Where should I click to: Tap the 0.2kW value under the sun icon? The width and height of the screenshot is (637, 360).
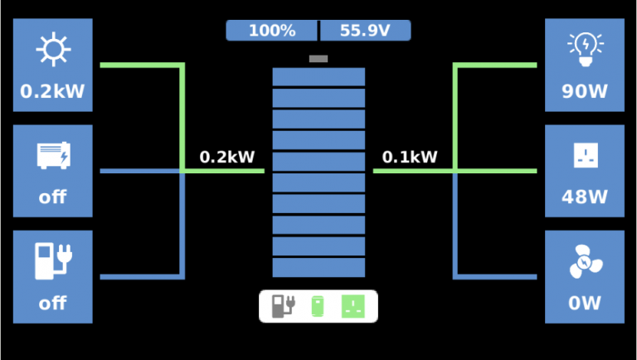point(52,91)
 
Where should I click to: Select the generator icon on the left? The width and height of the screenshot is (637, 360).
point(52,155)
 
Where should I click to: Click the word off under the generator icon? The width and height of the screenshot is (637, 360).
point(52,197)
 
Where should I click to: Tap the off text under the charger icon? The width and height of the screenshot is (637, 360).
point(52,304)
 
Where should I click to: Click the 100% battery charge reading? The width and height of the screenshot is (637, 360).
point(272,31)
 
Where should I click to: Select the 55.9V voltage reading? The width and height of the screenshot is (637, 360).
point(364,31)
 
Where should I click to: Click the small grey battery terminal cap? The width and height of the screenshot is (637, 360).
point(318,59)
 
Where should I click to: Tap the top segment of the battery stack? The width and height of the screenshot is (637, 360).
point(318,77)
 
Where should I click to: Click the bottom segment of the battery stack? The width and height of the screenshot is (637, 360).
point(318,267)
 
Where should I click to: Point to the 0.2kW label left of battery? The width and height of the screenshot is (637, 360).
point(227,157)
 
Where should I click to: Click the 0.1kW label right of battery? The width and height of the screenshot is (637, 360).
point(410,157)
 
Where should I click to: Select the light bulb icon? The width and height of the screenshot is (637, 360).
point(584,49)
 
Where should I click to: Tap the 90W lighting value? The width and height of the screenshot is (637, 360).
point(584,91)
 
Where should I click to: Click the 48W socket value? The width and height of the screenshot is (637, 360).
point(584,197)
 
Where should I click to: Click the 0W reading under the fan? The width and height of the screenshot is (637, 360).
point(584,304)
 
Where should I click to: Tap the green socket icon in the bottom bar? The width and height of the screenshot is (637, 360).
point(354,306)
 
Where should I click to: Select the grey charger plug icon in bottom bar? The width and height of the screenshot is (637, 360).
point(283,306)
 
